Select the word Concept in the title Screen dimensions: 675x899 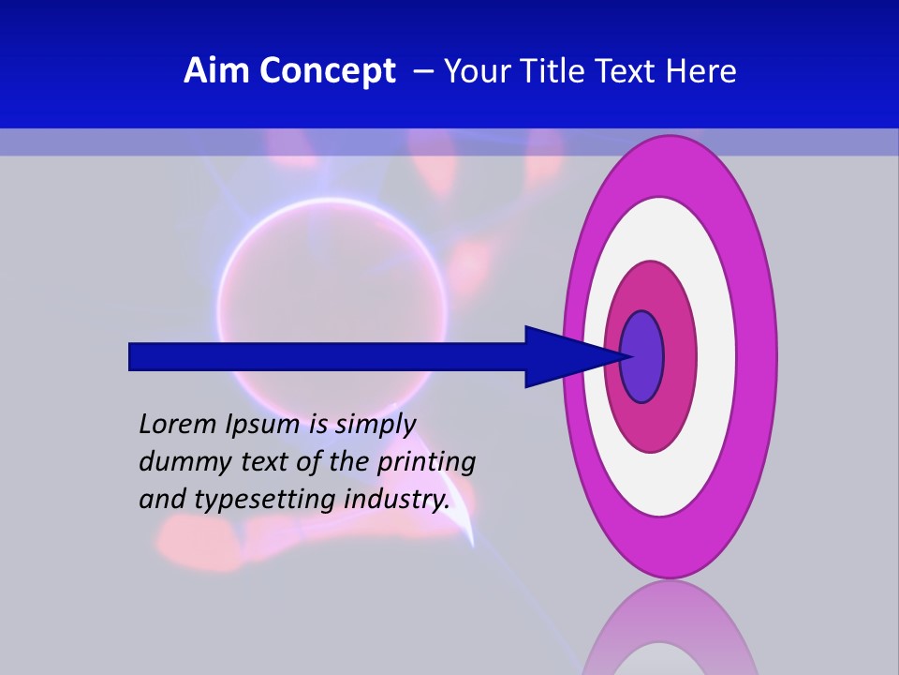(328, 71)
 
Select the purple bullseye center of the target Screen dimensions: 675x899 (642, 356)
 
